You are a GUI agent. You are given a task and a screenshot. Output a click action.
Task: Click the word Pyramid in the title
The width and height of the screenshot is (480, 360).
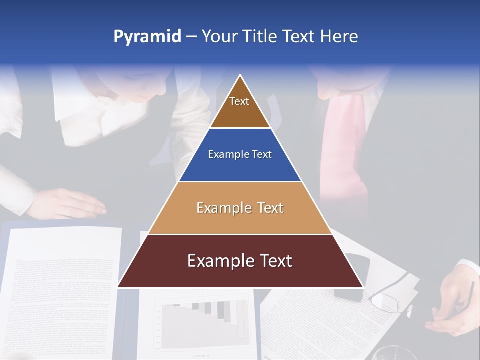[147, 37]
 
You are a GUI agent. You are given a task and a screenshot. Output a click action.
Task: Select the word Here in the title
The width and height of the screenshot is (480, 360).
[339, 36]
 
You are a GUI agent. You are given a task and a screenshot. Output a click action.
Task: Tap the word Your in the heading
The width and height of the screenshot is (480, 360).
[218, 36]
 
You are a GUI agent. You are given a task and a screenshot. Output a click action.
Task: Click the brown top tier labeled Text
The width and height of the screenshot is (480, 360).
[240, 107]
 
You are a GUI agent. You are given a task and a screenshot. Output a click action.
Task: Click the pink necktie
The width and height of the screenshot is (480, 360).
[345, 150]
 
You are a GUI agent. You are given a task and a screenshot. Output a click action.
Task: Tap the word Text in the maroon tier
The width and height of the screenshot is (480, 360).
[271, 261]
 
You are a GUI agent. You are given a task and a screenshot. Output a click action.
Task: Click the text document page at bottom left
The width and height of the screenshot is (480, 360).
[60, 290]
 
